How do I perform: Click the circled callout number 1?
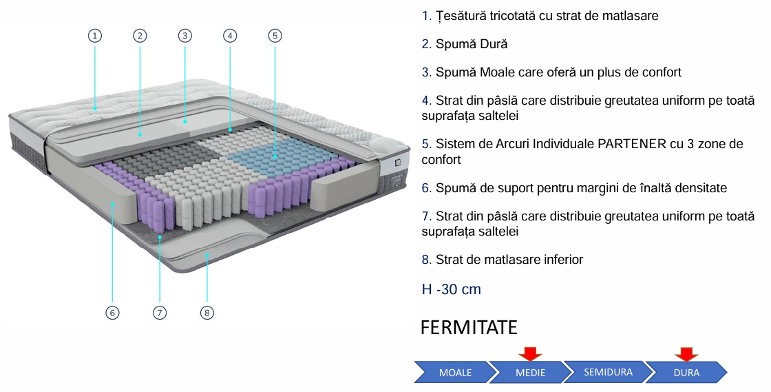tap(95, 36)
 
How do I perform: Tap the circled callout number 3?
tap(184, 36)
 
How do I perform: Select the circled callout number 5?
tap(275, 36)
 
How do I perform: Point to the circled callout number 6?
tap(112, 313)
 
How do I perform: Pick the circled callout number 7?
tap(160, 313)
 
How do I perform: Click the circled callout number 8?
tap(207, 313)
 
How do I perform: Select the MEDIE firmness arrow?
tap(529, 373)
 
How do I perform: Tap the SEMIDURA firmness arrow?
tap(606, 373)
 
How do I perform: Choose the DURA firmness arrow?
tap(686, 373)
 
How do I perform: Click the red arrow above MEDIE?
tap(530, 353)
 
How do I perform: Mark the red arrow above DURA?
tap(686, 353)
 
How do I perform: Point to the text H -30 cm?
tap(451, 289)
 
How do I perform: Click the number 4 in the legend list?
tap(425, 101)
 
